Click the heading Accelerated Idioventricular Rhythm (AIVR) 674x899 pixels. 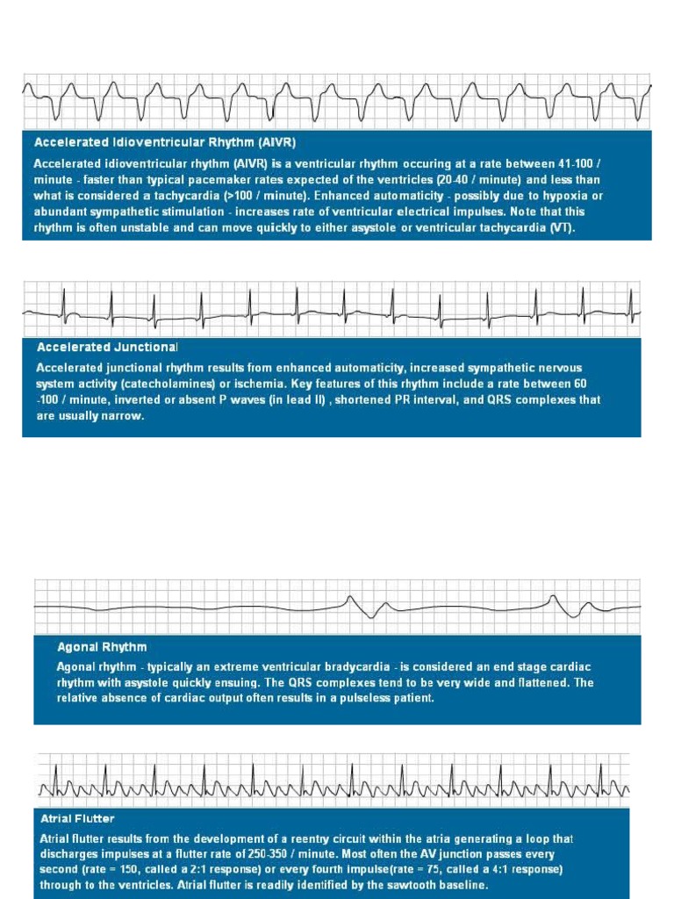tap(170, 141)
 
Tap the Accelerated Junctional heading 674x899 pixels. tap(107, 347)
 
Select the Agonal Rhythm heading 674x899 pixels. tap(102, 646)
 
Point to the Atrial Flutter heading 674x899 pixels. tap(77, 818)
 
